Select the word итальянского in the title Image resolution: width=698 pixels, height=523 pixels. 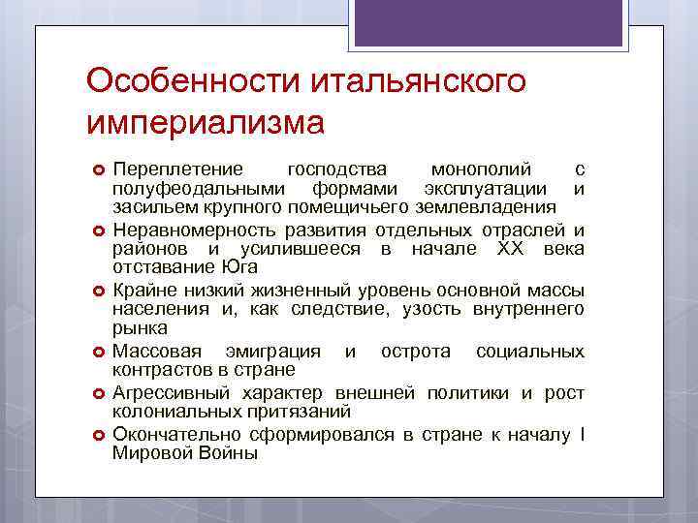tap(418, 80)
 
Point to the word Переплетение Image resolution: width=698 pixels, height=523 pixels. tap(178, 170)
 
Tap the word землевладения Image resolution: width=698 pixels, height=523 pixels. tap(495, 206)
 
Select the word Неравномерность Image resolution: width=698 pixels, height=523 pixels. tap(195, 231)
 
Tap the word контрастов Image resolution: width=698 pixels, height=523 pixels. tap(159, 369)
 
